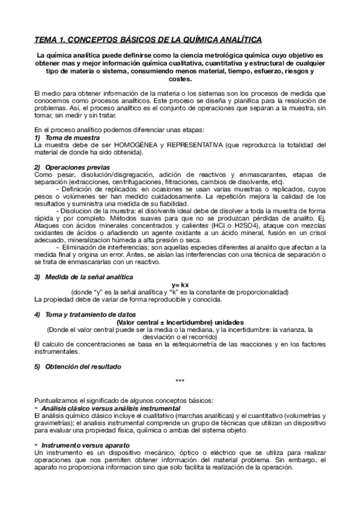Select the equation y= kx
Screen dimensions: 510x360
pos(180,284)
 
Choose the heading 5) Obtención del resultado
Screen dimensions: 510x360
pos(78,366)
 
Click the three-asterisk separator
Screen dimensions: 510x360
pos(180,381)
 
